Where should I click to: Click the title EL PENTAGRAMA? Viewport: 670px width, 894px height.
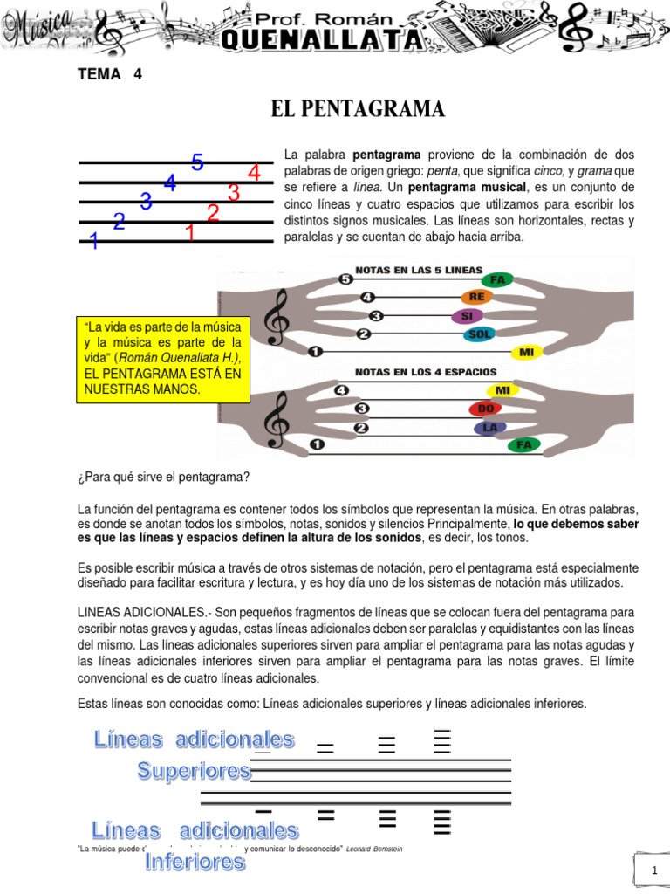click(x=358, y=109)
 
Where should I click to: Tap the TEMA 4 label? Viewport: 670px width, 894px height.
click(x=109, y=74)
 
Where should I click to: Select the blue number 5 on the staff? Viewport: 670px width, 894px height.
click(x=198, y=163)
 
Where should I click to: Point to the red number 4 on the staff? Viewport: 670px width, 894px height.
click(x=254, y=173)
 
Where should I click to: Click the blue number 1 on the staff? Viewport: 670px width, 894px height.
click(x=93, y=242)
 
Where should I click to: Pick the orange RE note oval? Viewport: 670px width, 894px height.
click(x=476, y=297)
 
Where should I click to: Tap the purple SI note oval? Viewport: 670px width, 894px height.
click(x=467, y=316)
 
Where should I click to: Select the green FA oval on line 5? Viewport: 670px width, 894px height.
click(x=498, y=279)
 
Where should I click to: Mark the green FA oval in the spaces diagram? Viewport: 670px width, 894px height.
click(x=523, y=445)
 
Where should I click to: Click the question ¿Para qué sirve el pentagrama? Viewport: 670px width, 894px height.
click(x=164, y=476)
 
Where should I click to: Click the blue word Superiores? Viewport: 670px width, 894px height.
click(x=194, y=771)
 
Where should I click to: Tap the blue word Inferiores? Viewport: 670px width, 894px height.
click(x=195, y=862)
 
